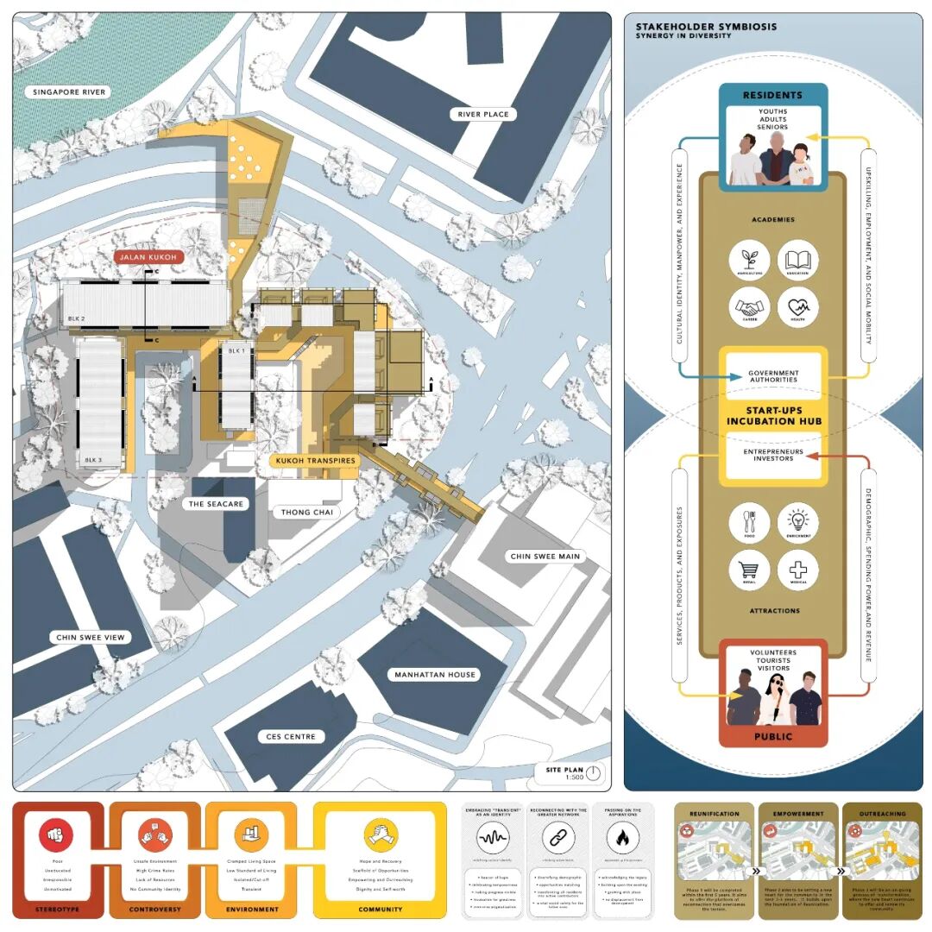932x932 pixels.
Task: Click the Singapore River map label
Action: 68,92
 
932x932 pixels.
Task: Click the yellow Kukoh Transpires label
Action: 316,461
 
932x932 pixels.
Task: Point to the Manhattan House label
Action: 436,674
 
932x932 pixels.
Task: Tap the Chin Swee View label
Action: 91,638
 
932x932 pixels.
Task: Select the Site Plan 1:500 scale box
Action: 573,772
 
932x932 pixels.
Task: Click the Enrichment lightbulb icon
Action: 797,523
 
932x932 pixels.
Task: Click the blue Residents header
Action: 773,95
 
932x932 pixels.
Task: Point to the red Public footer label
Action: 773,737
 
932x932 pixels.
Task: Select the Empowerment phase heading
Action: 798,813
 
